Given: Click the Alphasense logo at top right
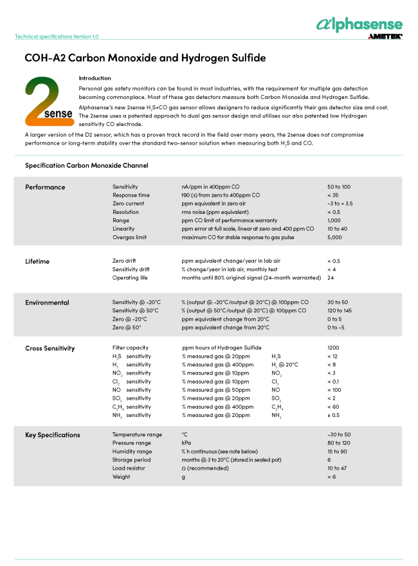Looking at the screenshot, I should (x=359, y=24).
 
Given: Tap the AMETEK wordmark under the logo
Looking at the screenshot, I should (x=385, y=37).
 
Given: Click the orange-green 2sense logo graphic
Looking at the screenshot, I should (x=48, y=100).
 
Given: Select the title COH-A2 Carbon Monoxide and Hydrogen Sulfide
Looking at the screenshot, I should (x=145, y=58).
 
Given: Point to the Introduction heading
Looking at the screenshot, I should (x=95, y=78).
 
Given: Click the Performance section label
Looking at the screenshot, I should (x=45, y=187).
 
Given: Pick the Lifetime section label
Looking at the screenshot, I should (x=37, y=261).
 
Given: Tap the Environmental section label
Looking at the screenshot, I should (x=47, y=303).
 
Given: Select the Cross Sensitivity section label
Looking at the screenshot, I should (x=50, y=348).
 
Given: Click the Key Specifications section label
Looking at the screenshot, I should (x=53, y=435).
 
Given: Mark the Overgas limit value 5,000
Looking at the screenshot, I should (x=336, y=237).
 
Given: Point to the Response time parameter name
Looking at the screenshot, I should (x=131, y=195).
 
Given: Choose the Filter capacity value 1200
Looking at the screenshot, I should (x=334, y=348).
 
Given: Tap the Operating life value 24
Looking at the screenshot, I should (x=331, y=278).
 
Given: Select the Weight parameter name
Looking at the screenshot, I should (x=122, y=477).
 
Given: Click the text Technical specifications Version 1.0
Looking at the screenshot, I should (x=57, y=37).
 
